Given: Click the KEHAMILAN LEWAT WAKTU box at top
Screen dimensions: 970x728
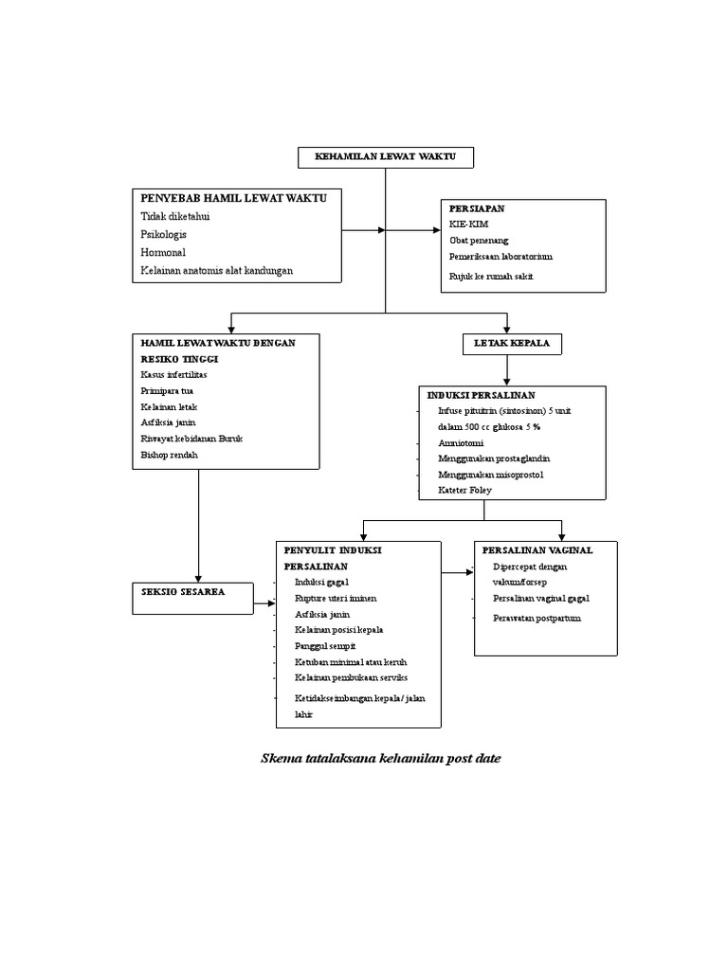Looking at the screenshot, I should (385, 157).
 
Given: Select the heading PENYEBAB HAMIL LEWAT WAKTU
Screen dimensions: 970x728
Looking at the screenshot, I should (233, 198).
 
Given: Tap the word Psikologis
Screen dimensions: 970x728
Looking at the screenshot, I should (163, 234).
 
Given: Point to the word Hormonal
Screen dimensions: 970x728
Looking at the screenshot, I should (163, 252).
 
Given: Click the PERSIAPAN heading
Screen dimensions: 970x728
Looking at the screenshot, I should (477, 207).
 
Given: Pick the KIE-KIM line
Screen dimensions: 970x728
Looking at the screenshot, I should (470, 224).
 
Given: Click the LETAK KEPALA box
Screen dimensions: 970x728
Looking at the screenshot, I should (512, 343).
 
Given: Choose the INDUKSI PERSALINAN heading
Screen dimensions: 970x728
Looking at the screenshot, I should (482, 394).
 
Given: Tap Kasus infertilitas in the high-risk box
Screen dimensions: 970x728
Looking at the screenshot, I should (173, 374).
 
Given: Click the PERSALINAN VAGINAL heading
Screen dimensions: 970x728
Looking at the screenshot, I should (537, 549).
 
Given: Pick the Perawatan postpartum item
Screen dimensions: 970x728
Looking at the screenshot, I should (537, 618).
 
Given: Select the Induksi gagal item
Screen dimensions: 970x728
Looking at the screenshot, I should (322, 582).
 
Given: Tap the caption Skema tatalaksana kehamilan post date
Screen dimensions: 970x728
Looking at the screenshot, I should (380, 758).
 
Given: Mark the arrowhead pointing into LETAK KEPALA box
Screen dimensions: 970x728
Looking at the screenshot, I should (508, 327).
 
